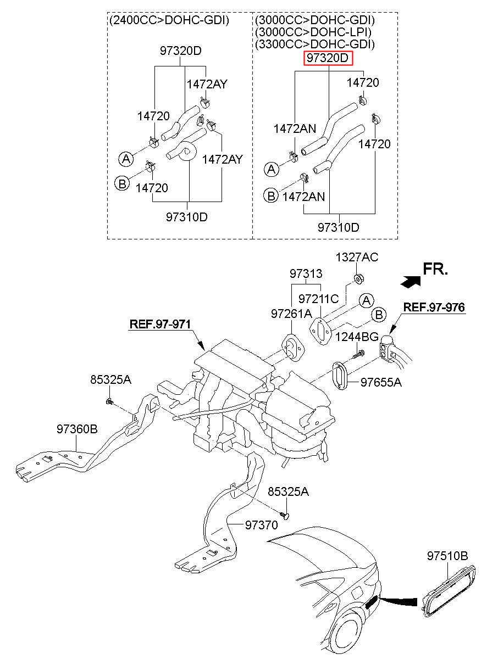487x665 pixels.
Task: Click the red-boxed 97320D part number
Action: [328, 58]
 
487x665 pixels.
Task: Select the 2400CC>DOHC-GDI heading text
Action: [169, 20]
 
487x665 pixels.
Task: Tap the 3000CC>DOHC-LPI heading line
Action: [313, 32]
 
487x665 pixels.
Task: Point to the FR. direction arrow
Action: [411, 281]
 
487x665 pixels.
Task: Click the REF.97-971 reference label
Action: [160, 324]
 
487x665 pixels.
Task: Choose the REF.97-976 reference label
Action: [434, 307]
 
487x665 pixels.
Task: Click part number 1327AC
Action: [357, 258]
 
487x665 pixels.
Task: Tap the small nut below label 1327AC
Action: [359, 278]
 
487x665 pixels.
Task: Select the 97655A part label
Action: [381, 382]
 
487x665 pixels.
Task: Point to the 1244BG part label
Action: [357, 337]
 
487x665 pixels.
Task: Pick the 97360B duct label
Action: [78, 429]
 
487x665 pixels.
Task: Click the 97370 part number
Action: [262, 525]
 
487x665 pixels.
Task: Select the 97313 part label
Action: [306, 273]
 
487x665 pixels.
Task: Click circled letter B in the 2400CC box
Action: [122, 183]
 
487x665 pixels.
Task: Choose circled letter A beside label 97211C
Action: [367, 301]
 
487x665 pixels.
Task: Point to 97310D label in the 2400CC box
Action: [186, 217]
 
